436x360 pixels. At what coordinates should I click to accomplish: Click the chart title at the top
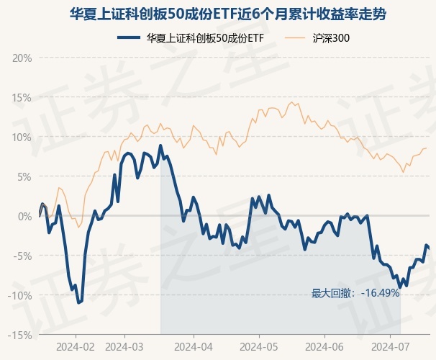coord(217,14)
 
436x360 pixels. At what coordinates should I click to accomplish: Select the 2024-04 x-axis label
coord(194,346)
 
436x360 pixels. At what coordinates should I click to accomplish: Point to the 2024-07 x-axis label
coord(389,346)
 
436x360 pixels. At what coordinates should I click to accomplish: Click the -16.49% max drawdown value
coord(380,293)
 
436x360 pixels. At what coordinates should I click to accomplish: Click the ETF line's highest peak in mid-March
coord(160,146)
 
